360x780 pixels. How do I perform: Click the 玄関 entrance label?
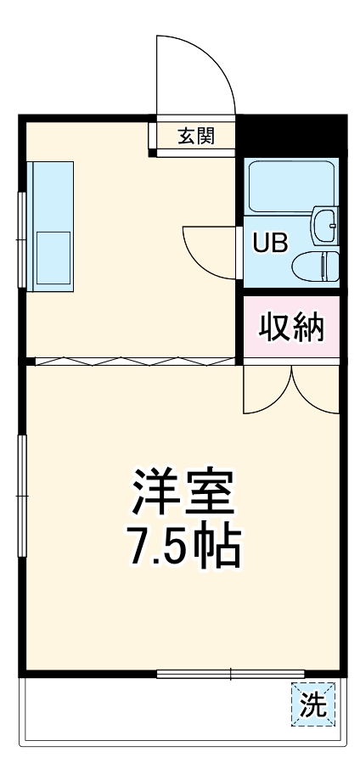tap(195, 136)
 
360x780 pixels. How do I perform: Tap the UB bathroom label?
tap(270, 242)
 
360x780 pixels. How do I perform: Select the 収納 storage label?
tap(291, 327)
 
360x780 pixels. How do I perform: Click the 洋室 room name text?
tap(182, 491)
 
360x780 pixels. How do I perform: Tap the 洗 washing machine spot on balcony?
tap(312, 704)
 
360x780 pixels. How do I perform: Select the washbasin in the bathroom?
tap(324, 224)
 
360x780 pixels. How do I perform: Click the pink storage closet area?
tap(291, 327)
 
